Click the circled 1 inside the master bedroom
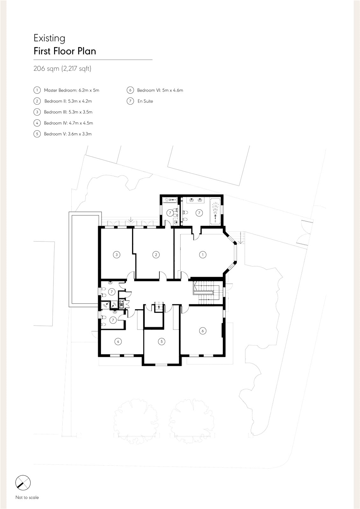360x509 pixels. [203, 255]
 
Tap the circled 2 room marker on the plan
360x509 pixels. [156, 255]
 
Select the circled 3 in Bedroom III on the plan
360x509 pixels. [117, 255]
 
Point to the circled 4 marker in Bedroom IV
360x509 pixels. [118, 341]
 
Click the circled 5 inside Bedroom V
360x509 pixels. [162, 341]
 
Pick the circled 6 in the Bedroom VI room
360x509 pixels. [203, 331]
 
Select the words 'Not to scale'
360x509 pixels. [27, 498]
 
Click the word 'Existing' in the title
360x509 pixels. [49, 38]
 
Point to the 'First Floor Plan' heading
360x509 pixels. [65, 51]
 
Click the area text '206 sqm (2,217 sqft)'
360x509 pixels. [62, 68]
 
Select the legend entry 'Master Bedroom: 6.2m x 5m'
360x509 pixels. [72, 90]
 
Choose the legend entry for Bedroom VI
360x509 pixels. [160, 90]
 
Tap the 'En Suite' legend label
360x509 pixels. [145, 101]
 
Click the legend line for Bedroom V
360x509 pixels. [68, 134]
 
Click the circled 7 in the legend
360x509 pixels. [130, 101]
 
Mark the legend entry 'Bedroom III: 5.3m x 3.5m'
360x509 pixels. [68, 112]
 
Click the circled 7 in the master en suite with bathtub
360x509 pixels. [199, 213]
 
